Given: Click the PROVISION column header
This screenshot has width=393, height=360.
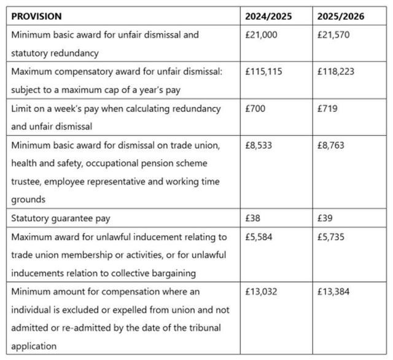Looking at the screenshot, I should click(x=36, y=16).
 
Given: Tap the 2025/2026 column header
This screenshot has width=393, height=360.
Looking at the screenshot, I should click(x=341, y=16).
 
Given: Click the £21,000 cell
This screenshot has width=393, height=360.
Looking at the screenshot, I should click(x=261, y=35).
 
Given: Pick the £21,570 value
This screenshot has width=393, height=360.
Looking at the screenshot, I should click(x=334, y=35).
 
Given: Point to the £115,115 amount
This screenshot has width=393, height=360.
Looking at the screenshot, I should click(x=265, y=72).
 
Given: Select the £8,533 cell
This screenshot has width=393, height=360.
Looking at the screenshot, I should click(x=259, y=146).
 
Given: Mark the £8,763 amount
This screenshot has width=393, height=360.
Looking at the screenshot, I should click(x=332, y=146).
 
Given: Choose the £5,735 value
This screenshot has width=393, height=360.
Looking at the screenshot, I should click(x=332, y=237).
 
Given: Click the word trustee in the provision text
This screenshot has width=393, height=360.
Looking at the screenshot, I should click(x=28, y=182).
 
